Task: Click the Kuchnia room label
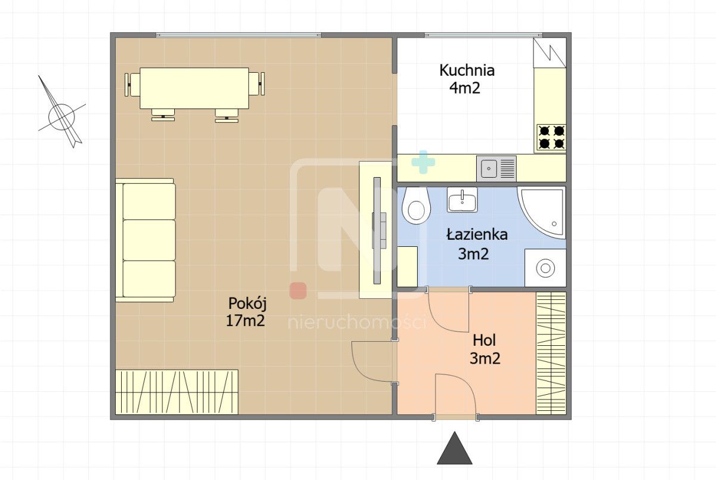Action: pos(467,70)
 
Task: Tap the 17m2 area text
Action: pos(245,320)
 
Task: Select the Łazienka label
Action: pos(477,234)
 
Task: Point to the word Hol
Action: pos(484,340)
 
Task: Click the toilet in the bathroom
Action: pos(416,205)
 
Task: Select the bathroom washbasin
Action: pos(462,200)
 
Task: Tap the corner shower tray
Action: pos(542,212)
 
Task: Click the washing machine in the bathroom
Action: pos(545,268)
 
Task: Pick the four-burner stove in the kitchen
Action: pos(552,138)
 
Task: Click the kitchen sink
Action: pos(496,168)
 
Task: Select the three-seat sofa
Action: pos(146,240)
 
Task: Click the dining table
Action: pos(195,88)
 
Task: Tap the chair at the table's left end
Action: pos(132,84)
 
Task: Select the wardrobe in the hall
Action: pos(551,353)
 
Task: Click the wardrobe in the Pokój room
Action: pos(177,392)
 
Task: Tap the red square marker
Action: pos(298,290)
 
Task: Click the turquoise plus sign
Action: pos(423,162)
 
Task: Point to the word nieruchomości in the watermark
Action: pos(357,322)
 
